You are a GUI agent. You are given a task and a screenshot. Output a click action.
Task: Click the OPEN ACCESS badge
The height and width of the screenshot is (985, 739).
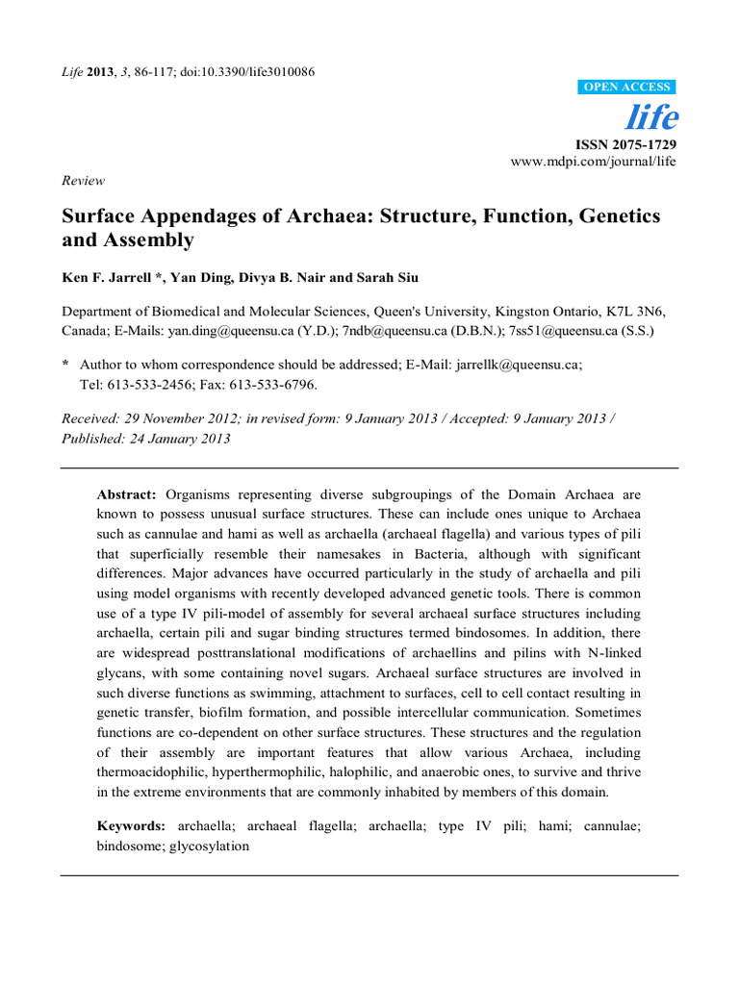click(628, 88)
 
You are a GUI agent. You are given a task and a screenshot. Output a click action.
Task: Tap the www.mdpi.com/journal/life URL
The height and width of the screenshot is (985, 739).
click(593, 161)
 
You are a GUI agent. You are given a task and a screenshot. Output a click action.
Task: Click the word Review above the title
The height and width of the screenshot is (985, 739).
click(83, 180)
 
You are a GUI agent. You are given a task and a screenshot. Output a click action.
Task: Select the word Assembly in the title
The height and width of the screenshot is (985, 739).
click(146, 240)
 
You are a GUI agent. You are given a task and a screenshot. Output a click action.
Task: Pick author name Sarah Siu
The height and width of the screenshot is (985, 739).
click(389, 278)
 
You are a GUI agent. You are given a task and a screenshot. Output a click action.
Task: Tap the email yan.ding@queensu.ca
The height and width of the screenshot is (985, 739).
click(227, 331)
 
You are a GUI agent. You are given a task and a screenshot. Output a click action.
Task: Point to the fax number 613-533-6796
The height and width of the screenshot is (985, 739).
click(270, 384)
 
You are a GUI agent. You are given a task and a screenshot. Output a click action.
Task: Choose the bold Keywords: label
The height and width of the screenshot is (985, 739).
click(131, 825)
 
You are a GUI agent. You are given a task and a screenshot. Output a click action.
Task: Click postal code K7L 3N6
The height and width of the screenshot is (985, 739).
click(636, 313)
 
